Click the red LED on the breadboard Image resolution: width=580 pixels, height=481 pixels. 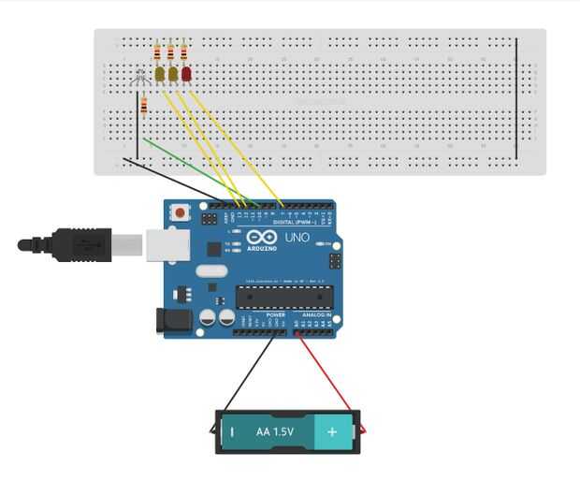pyautogui.click(x=186, y=73)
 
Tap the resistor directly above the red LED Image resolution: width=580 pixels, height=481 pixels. pyautogui.click(x=183, y=52)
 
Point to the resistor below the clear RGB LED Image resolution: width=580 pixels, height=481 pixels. pyautogui.click(x=143, y=105)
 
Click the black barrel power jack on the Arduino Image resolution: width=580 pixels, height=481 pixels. pyautogui.click(x=173, y=320)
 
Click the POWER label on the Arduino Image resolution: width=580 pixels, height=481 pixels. pyautogui.click(x=275, y=315)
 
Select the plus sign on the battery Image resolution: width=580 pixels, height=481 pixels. pyautogui.click(x=331, y=432)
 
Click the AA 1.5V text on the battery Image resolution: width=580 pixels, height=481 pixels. pyautogui.click(x=275, y=432)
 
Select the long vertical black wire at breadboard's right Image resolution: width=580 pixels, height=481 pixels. pyautogui.click(x=515, y=98)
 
